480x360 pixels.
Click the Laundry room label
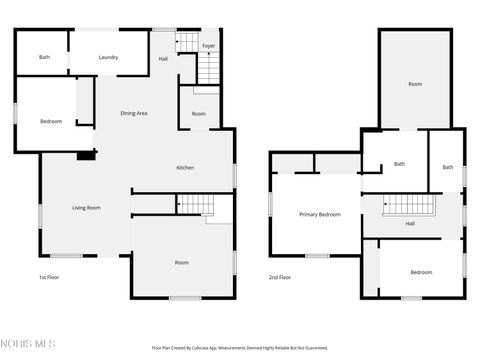[x=108, y=57]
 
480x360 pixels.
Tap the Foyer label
[x=208, y=46]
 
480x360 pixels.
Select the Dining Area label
[x=134, y=113]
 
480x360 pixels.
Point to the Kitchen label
[x=185, y=167]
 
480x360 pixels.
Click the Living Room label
[x=86, y=208]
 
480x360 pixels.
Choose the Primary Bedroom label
[x=320, y=214]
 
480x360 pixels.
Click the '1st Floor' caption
[x=50, y=277]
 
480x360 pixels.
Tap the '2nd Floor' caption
[x=280, y=277]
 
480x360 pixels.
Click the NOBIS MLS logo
[x=30, y=343]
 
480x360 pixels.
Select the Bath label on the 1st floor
[x=44, y=57]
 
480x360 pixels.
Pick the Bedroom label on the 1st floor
[x=51, y=121]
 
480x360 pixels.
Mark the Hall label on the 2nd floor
[x=410, y=223]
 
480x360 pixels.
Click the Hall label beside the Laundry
[x=163, y=59]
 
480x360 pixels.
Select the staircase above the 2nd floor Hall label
[x=410, y=204]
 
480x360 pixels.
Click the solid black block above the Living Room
[x=87, y=155]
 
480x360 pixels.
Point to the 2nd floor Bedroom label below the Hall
[x=421, y=272]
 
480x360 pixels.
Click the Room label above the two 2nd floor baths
[x=415, y=84]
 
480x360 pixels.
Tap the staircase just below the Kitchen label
[x=193, y=204]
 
